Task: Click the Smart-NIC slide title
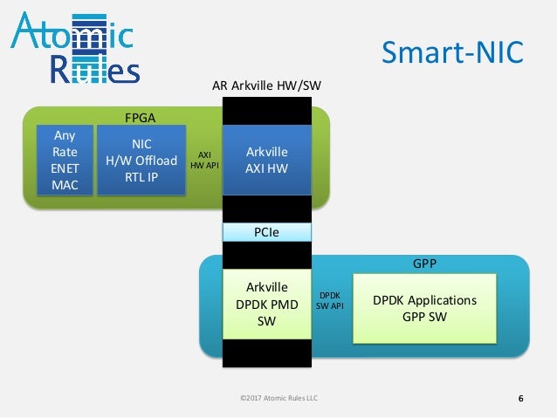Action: point(452,52)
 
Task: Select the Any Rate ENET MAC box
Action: point(65,159)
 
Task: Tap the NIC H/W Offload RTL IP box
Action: point(141,159)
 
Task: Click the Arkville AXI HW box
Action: point(267,159)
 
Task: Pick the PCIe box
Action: point(267,232)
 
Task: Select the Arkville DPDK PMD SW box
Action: point(267,305)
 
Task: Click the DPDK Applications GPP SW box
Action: point(424,308)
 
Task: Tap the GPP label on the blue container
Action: point(424,262)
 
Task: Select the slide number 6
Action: point(521,400)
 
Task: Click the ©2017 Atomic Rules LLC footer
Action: point(278,400)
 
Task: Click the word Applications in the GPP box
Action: point(442,300)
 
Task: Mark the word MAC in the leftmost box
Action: point(65,184)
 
